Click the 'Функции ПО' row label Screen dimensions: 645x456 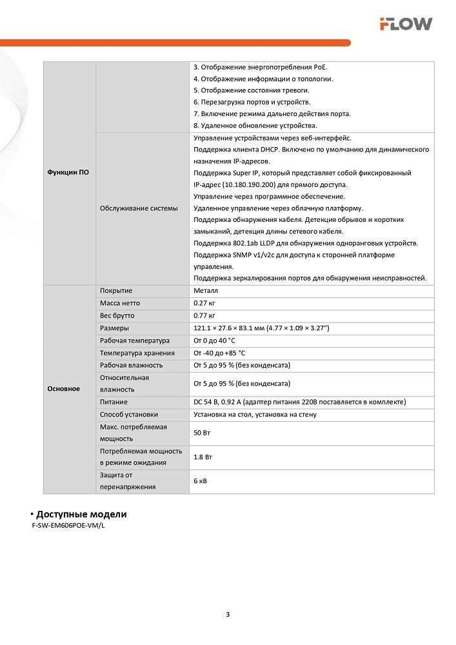(x=68, y=173)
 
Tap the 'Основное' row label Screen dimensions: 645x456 (x=64, y=389)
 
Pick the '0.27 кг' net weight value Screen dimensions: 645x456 (x=204, y=303)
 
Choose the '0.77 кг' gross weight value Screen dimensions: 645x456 (x=204, y=315)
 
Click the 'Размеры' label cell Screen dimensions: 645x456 (x=114, y=328)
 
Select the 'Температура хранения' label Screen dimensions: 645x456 (x=137, y=353)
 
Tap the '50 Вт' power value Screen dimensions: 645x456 (x=202, y=433)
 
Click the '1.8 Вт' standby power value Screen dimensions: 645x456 (x=203, y=457)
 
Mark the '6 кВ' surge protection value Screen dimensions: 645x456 (x=201, y=481)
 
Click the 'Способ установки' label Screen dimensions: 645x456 (x=129, y=414)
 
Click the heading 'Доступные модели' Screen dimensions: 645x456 (x=81, y=514)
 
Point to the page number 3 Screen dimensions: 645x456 (x=228, y=613)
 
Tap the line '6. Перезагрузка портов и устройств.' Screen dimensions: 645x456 (x=252, y=102)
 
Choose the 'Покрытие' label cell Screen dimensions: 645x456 (x=116, y=291)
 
